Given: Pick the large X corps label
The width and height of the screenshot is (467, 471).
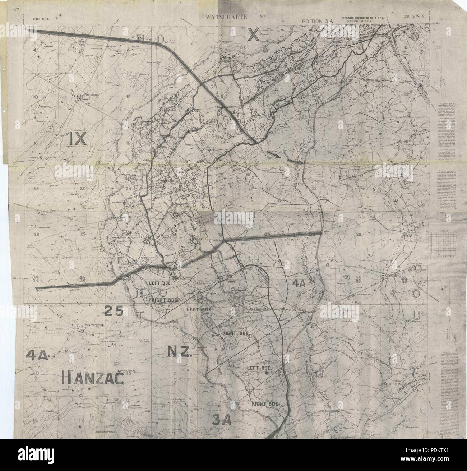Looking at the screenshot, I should pyautogui.click(x=253, y=34).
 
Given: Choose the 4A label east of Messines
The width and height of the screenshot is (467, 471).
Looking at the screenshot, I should pyautogui.click(x=298, y=283).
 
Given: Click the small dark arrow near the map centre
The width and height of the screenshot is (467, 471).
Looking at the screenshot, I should pyautogui.click(x=274, y=155).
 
